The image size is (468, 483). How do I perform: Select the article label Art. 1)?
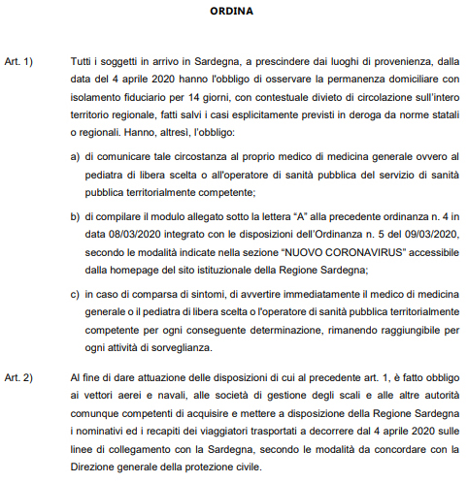[18, 62]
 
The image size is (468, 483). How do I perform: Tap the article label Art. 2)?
[18, 375]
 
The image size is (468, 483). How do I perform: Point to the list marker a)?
[76, 155]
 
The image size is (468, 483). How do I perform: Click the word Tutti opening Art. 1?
[83, 62]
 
